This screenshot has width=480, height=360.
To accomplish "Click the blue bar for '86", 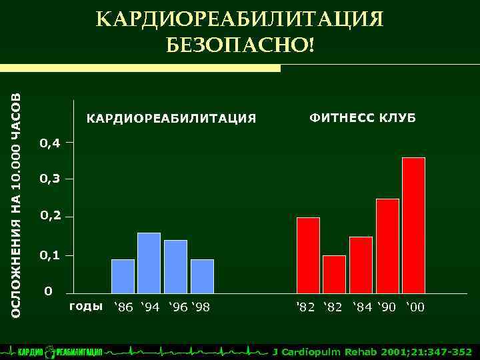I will (x=123, y=276).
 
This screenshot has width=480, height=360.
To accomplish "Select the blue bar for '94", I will (x=149, y=263).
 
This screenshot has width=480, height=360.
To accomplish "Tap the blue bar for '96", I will (x=175, y=267).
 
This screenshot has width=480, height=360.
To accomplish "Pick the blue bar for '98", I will (x=202, y=276).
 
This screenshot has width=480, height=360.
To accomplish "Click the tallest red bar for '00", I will (x=413, y=225).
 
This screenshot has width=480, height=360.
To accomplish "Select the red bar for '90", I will (x=387, y=246).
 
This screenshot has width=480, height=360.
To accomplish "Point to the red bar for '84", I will (x=361, y=265).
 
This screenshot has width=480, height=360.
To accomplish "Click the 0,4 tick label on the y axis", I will (x=50, y=143).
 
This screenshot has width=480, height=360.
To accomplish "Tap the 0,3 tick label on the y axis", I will (x=50, y=179).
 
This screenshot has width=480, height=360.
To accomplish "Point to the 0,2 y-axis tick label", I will (x=50, y=217).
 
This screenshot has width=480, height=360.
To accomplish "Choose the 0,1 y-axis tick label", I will (x=50, y=255).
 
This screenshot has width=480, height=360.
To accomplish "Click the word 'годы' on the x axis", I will (x=86, y=307).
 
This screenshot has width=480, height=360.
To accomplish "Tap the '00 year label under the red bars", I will (x=414, y=307).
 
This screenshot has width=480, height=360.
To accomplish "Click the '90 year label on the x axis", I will (x=388, y=307).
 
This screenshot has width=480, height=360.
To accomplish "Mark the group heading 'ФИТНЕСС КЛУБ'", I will (x=362, y=118).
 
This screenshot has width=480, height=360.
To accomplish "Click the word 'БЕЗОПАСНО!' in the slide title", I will (x=239, y=46).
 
